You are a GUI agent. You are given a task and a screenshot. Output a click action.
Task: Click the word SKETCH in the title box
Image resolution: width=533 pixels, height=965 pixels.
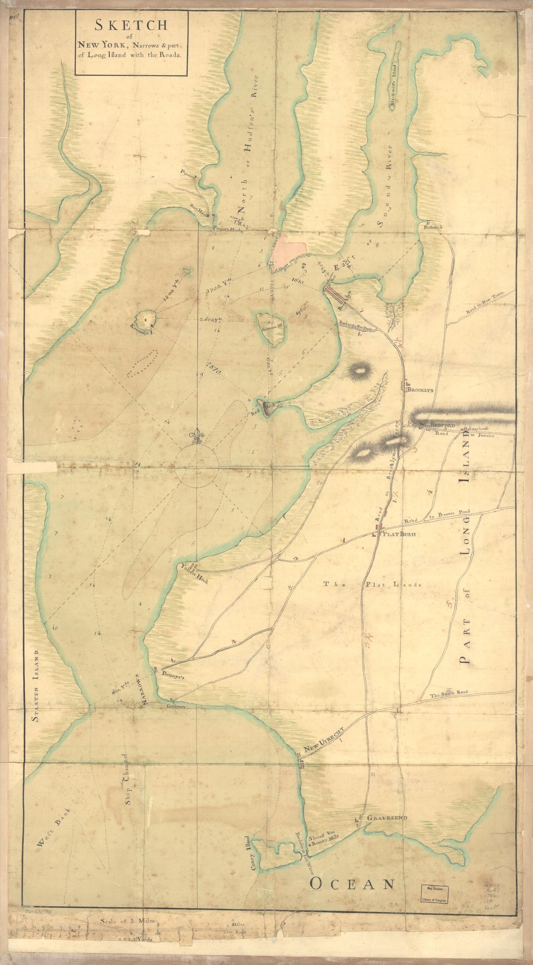130,26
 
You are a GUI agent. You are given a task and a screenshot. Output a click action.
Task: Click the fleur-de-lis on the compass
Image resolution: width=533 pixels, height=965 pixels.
196,437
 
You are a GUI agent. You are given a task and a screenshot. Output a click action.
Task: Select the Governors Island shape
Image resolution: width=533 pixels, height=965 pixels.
273,328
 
